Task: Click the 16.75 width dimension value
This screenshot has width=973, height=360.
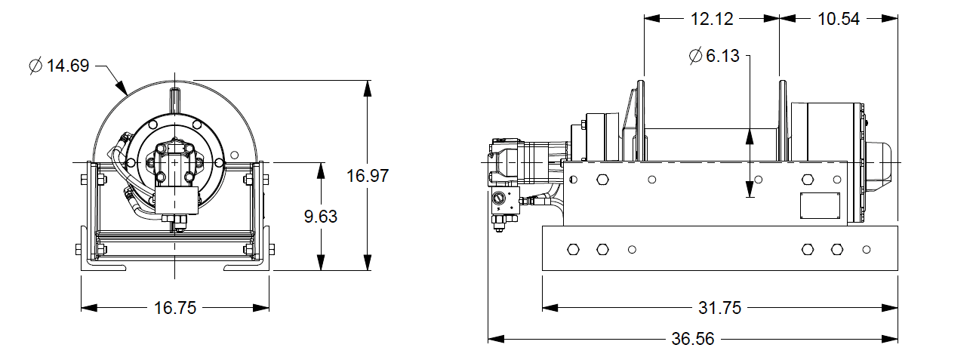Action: click(175, 308)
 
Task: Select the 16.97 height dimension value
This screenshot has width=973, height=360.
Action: click(367, 177)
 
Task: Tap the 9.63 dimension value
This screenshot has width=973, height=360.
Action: click(321, 217)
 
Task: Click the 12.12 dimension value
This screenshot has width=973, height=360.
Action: click(712, 20)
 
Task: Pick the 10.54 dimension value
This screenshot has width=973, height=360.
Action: click(839, 20)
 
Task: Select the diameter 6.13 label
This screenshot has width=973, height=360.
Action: click(713, 57)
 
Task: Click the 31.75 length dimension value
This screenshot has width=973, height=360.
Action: click(720, 308)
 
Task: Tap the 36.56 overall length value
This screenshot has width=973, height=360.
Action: click(692, 339)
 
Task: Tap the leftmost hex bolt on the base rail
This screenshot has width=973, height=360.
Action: click(573, 249)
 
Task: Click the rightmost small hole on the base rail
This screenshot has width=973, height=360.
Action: click(866, 249)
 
